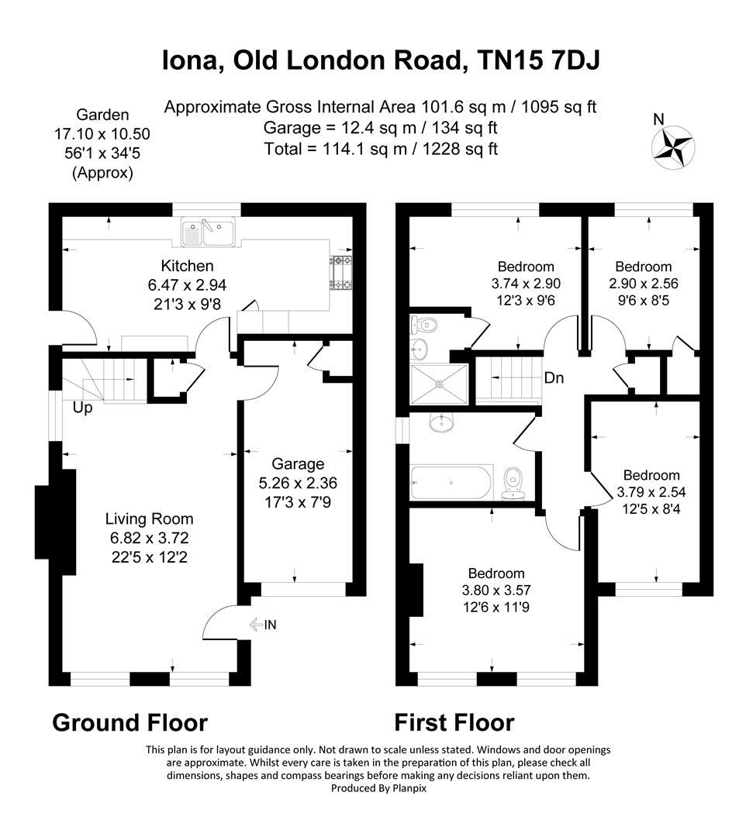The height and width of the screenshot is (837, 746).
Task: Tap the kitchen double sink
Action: click(207, 230)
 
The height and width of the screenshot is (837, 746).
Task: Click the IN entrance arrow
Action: click(263, 625)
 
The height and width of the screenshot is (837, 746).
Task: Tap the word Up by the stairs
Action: click(83, 408)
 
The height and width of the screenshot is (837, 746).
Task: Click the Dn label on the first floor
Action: click(553, 378)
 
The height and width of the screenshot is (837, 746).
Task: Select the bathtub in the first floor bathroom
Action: click(451, 481)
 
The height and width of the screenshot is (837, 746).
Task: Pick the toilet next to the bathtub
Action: click(513, 482)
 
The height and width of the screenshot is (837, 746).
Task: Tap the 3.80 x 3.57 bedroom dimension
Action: click(496, 590)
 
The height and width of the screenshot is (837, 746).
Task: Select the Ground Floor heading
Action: click(130, 723)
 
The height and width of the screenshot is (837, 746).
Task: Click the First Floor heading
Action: click(454, 723)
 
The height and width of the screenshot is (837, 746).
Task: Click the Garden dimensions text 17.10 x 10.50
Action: click(102, 134)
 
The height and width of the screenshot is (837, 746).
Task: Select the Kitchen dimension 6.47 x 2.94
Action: click(187, 285)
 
